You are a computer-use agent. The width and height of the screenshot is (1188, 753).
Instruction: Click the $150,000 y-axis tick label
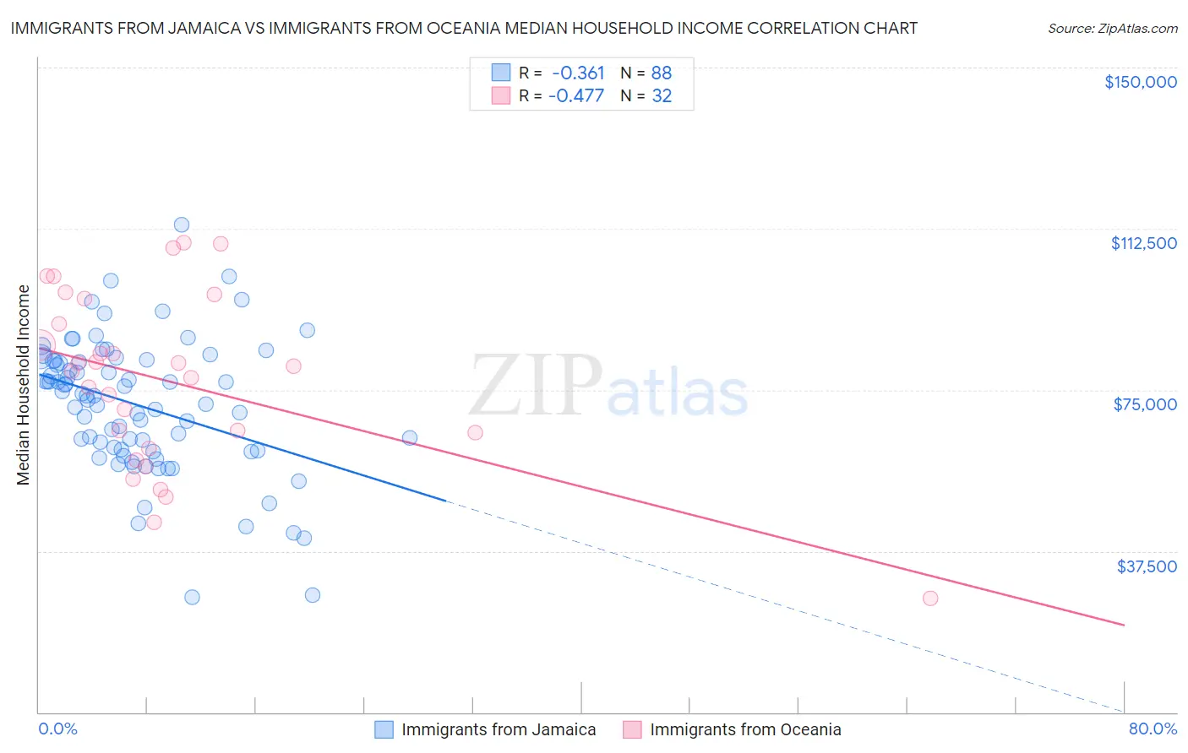tap(1140, 82)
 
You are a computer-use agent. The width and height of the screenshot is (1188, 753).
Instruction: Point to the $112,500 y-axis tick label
tap(1143, 243)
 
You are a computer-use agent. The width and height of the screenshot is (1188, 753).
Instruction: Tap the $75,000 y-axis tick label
tap(1145, 404)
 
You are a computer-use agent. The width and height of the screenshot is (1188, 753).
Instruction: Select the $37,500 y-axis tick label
tap(1147, 566)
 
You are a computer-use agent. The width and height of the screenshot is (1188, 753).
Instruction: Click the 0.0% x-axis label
tap(57, 729)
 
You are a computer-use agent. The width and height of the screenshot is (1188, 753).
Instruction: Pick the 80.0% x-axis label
tap(1153, 729)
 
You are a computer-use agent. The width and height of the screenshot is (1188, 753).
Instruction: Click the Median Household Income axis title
tap(23, 385)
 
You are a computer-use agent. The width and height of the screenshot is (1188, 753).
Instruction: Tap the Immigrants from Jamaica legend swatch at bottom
tap(384, 729)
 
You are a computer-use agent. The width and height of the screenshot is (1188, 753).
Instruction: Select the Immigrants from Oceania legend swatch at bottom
tap(632, 729)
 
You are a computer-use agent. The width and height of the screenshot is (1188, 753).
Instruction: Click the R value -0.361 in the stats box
tap(578, 73)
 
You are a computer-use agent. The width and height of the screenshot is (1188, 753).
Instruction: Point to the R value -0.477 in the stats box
tap(576, 96)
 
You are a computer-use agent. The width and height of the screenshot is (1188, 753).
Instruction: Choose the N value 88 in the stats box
tap(662, 73)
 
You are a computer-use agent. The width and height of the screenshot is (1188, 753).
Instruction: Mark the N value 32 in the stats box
tap(662, 96)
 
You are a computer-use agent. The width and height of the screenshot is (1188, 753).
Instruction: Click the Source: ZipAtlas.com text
tap(1112, 29)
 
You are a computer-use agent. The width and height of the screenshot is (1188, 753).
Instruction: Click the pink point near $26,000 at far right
tap(930, 598)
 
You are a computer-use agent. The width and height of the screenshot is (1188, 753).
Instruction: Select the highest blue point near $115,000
tap(182, 225)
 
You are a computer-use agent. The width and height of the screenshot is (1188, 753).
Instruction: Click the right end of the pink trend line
tap(1124, 625)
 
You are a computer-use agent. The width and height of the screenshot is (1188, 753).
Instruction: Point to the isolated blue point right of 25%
tap(410, 437)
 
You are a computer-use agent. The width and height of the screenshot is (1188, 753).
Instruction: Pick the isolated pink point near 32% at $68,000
tap(475, 432)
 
